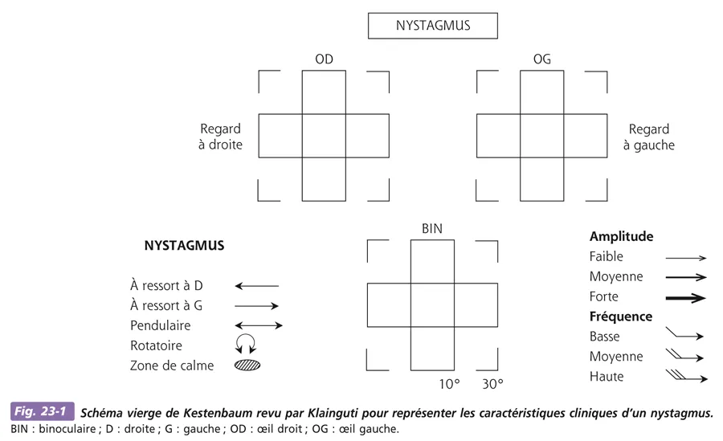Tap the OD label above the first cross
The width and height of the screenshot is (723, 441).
324,59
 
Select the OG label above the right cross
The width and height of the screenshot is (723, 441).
541,59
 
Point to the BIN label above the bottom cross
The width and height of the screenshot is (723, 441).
432,229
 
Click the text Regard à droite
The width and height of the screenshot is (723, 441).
220,137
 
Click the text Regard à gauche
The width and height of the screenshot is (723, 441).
652,137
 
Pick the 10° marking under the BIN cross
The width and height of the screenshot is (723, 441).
450,384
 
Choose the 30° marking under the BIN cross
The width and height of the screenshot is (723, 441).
492,384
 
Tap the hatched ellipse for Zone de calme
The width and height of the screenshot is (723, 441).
247,365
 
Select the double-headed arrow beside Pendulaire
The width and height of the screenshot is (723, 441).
258,325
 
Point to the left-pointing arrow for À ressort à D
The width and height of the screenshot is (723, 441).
257,285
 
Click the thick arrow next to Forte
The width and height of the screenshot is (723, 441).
685,297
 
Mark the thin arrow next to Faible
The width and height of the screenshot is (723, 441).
685,258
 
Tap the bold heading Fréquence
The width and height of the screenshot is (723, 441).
621,316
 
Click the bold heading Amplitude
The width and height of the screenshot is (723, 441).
621,237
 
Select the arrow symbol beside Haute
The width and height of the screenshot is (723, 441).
686,375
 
